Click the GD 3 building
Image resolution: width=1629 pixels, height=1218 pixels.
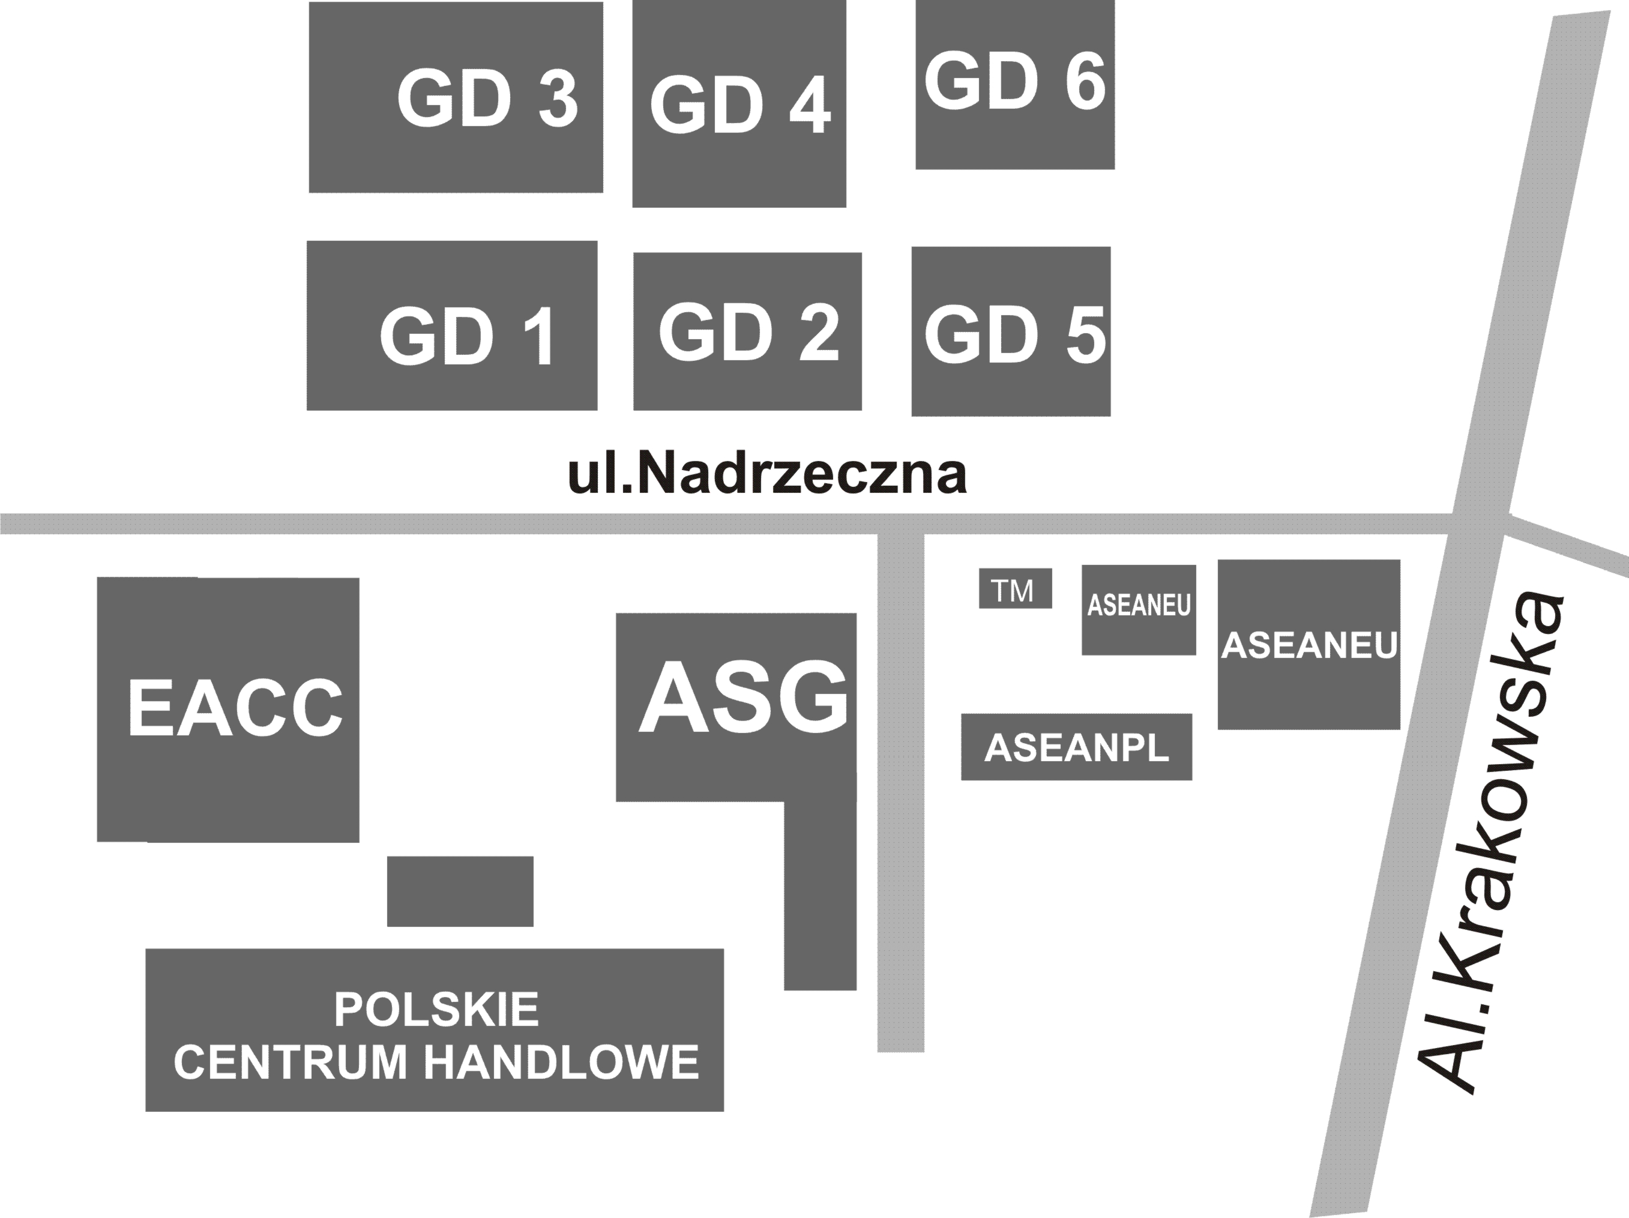pos(456,97)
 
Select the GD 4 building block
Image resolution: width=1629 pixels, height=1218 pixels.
pos(739,103)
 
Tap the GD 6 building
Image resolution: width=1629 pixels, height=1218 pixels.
pos(1015,84)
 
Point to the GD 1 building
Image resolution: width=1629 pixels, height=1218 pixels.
pos(452,325)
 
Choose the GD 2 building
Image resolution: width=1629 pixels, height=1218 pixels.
pos(747,331)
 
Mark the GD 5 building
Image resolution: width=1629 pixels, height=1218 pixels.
pos(1011,331)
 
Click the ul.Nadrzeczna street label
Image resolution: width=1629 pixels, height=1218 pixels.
pos(766,475)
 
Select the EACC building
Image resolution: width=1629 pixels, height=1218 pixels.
pos(228,709)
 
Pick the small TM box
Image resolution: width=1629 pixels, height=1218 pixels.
pos(1016,588)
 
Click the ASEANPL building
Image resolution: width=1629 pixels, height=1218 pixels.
pos(1077,747)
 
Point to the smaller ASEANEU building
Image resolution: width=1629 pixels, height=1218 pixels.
pos(1139,610)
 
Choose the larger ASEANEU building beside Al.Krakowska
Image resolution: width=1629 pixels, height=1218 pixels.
pos(1308,644)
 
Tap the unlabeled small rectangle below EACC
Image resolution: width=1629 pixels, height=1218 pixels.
pos(460,891)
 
